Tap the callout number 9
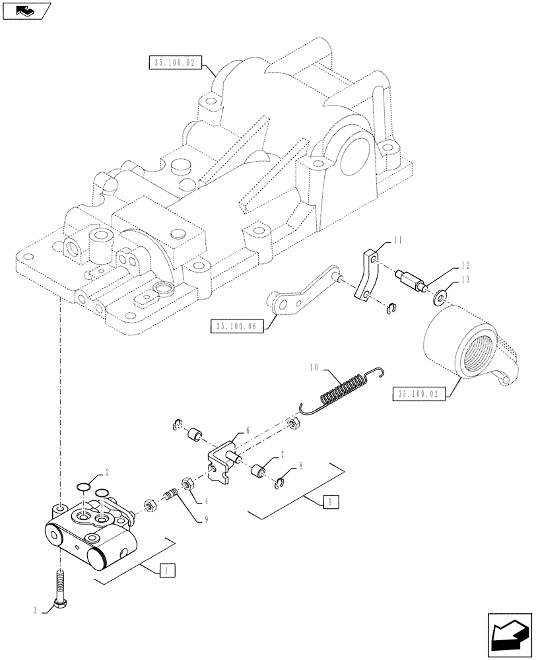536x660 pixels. point(207,519)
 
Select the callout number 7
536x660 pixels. point(282,455)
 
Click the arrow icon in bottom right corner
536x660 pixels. point(508,634)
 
